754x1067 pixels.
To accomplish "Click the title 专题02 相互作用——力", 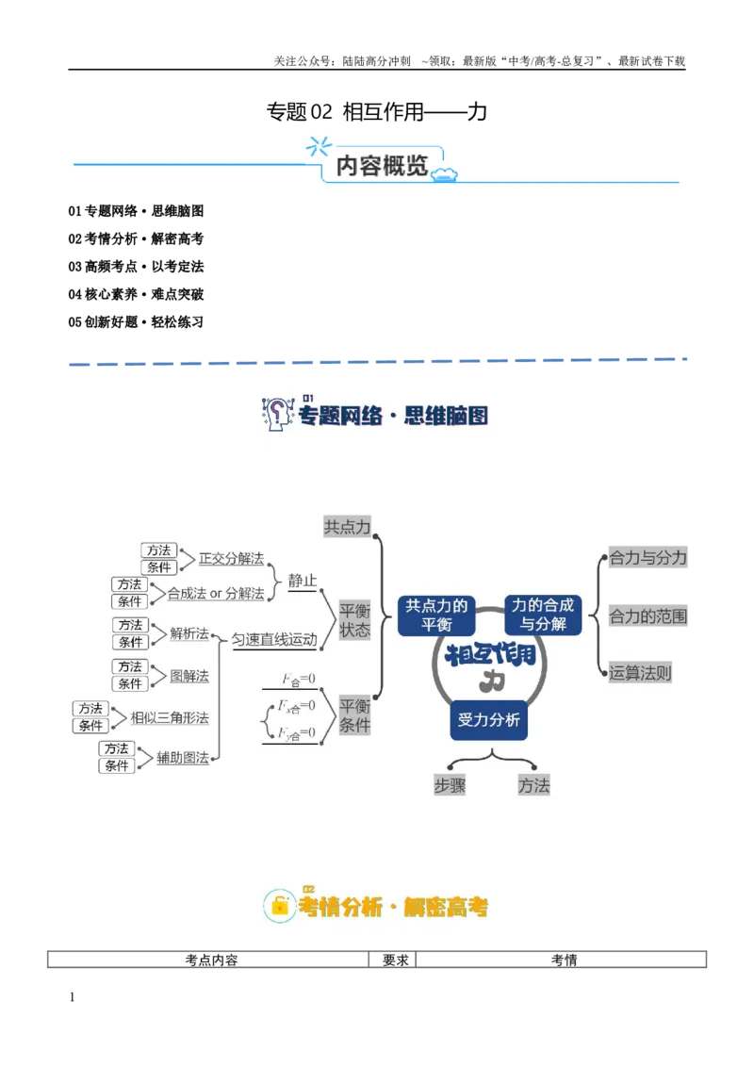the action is [376, 111].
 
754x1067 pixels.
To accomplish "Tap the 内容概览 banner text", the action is [381, 165].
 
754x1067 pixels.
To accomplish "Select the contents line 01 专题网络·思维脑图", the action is [136, 211].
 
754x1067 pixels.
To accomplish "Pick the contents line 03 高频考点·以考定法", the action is [136, 267].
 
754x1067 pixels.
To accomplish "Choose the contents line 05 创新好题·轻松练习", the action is [136, 321].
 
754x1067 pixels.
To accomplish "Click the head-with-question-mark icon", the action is [277, 414].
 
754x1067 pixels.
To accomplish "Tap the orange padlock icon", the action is [279, 906].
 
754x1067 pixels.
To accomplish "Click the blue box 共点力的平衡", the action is [436, 616].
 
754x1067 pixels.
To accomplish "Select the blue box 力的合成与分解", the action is [542, 615].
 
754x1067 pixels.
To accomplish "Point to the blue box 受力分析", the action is [488, 720].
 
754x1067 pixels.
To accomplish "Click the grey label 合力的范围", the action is [647, 616].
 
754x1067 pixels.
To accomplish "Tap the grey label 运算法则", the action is [640, 673].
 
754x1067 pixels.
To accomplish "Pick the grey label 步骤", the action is [450, 785].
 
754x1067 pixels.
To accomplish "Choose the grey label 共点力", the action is [347, 527].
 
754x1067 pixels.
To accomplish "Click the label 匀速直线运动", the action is [274, 640].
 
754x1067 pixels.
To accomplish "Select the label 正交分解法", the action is [231, 559].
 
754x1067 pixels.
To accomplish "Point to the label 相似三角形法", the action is [170, 717].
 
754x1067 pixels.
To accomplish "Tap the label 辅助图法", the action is [183, 758].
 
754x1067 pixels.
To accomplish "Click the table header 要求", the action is [395, 960].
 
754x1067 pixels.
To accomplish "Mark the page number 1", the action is [73, 997].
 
